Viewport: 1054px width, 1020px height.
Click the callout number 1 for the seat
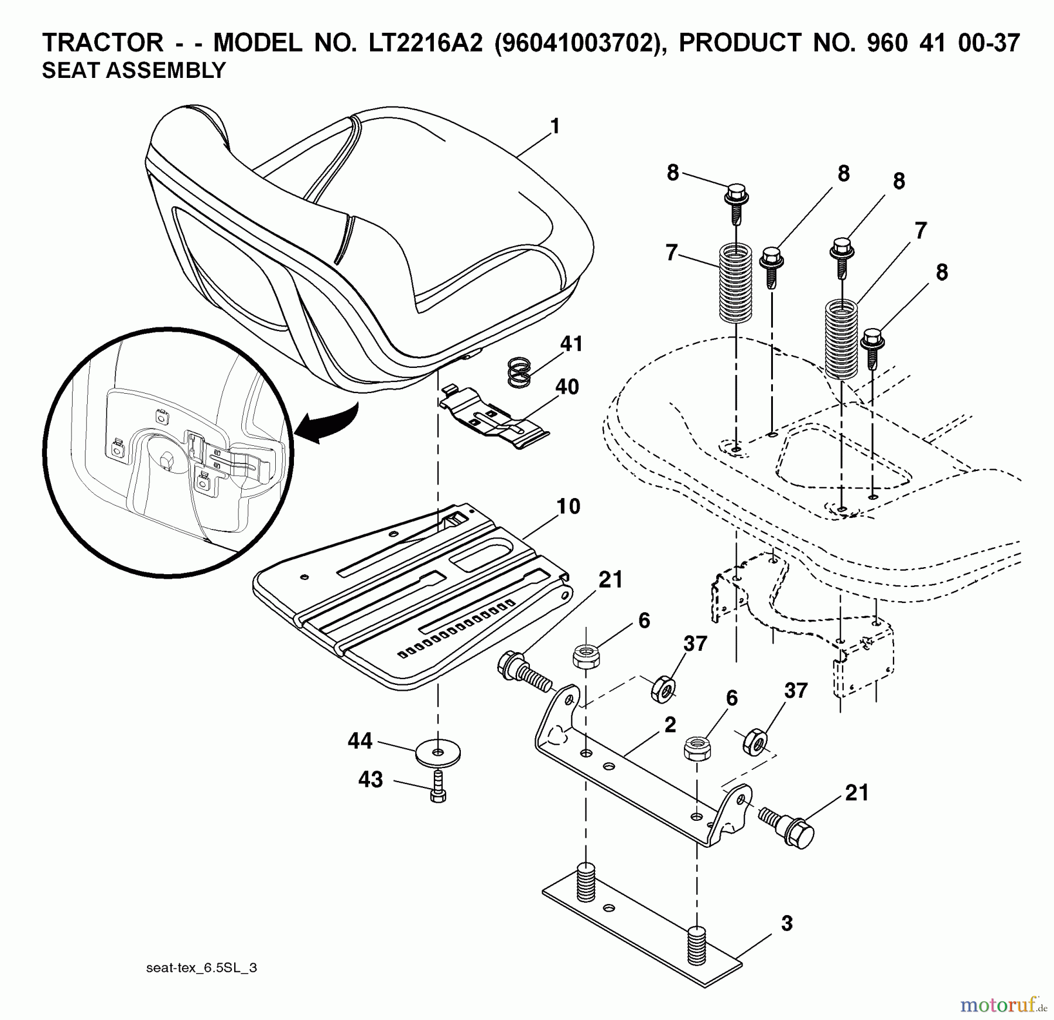coord(555,126)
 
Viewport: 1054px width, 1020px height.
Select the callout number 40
coord(566,387)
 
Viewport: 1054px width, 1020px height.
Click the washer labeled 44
coord(437,751)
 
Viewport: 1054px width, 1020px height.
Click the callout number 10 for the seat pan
coord(567,506)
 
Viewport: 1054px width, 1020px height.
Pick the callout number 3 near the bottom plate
coord(786,923)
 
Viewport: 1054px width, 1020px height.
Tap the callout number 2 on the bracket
coord(670,725)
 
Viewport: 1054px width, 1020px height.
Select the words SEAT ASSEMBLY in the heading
coord(134,71)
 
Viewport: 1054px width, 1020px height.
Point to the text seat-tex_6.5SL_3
coord(201,968)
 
